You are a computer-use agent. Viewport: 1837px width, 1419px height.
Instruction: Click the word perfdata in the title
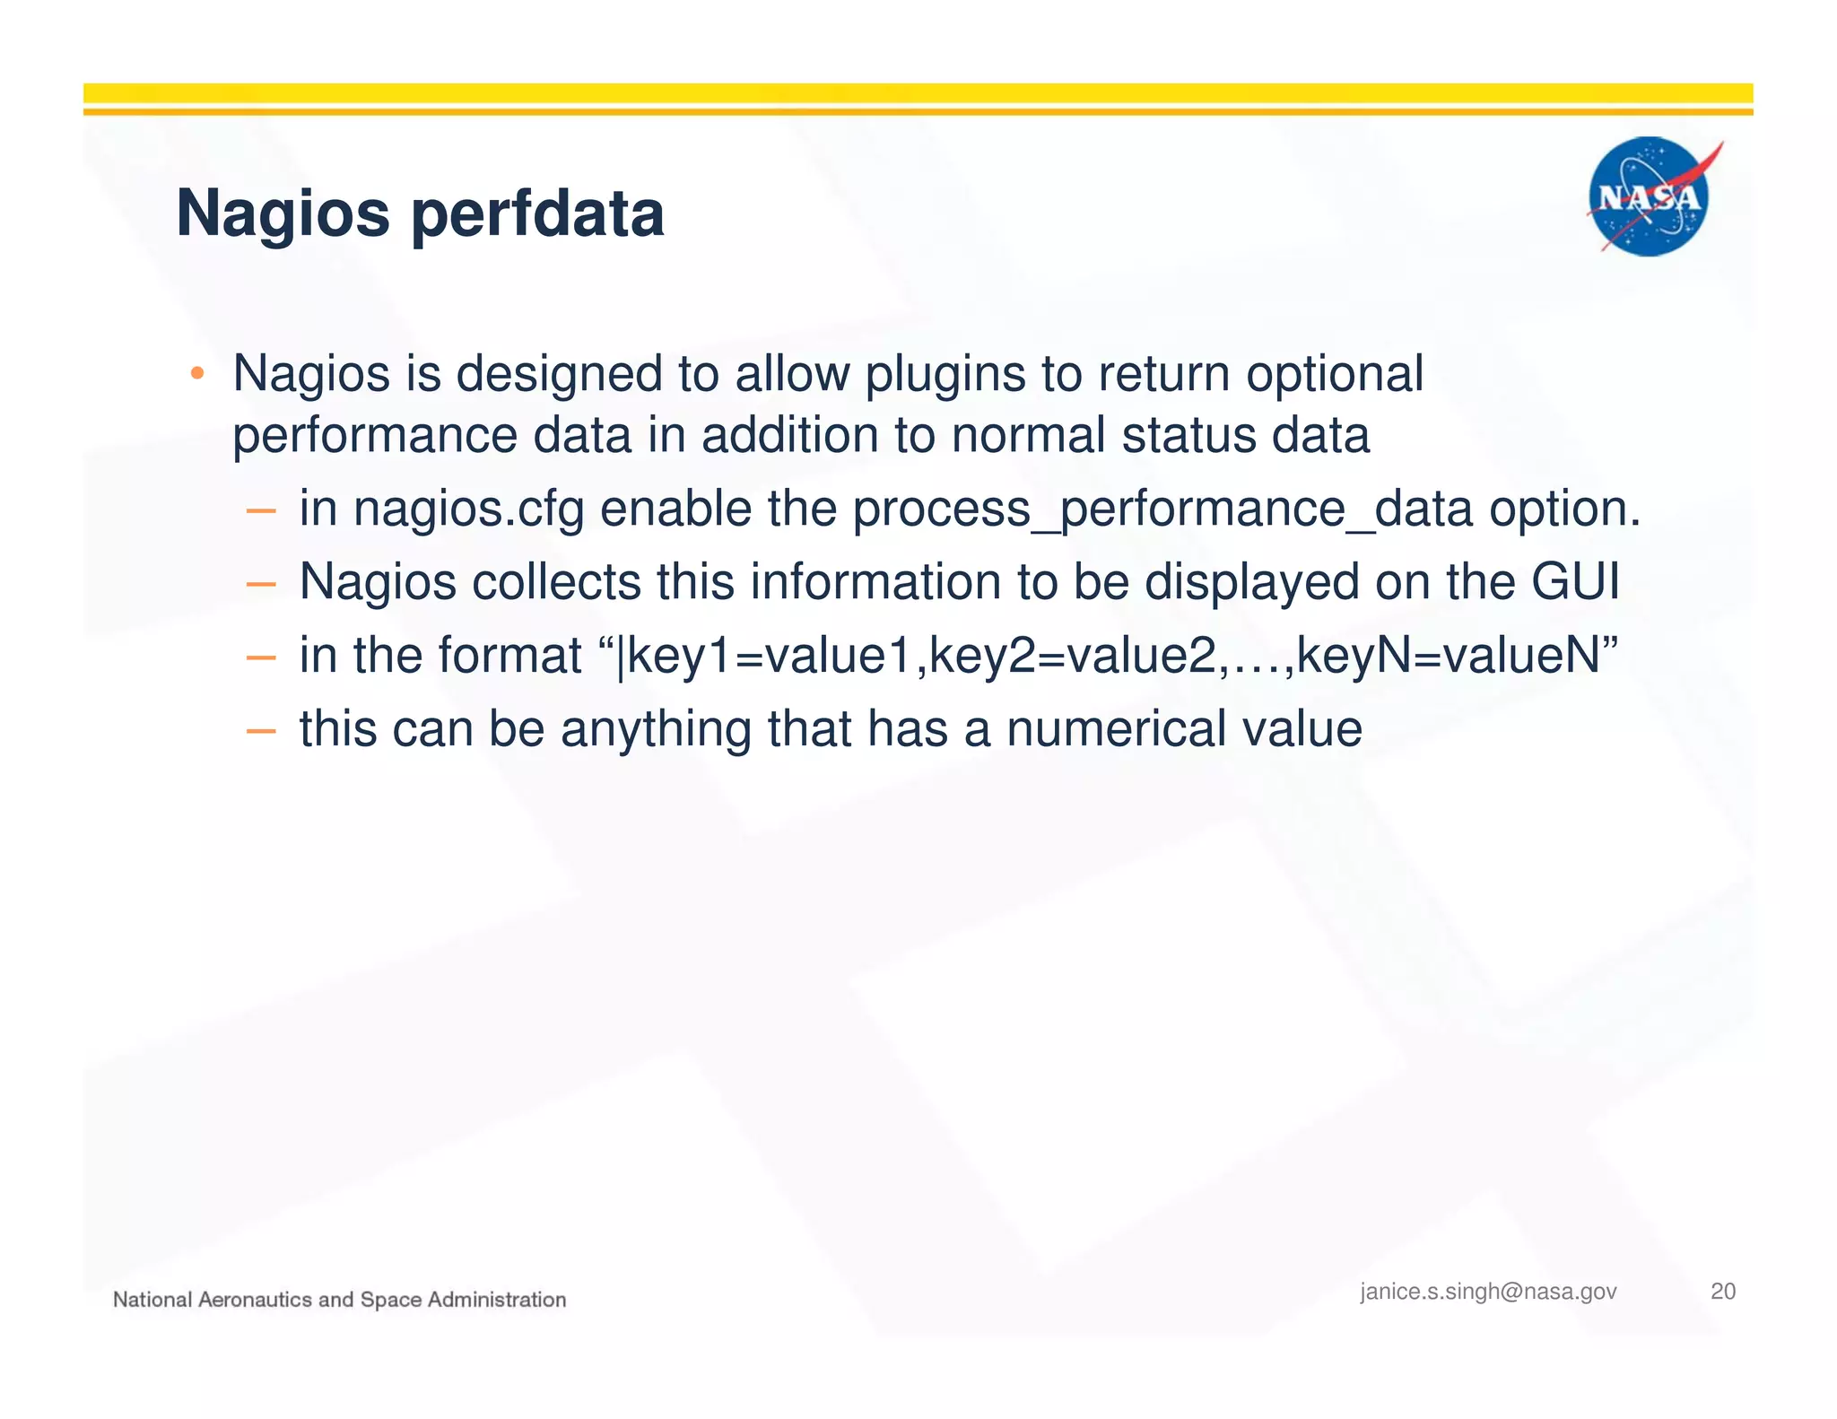[537, 215]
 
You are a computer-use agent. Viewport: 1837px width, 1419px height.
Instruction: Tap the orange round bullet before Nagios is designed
[197, 373]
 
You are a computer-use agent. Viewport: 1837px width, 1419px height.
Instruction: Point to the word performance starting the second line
[374, 437]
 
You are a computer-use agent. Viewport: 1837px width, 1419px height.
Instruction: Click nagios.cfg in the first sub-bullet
[468, 509]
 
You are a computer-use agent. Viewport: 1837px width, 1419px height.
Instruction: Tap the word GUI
[1575, 582]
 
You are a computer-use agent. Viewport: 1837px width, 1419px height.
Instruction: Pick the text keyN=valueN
[1448, 656]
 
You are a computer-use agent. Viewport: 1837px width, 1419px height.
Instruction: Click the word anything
[656, 728]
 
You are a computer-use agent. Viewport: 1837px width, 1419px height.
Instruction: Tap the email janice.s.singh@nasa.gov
[1488, 1292]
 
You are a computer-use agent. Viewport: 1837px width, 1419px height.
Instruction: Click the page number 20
[1723, 1292]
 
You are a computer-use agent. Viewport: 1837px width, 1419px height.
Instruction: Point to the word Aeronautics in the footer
[254, 1300]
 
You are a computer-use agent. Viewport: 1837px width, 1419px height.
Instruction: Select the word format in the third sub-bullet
[509, 656]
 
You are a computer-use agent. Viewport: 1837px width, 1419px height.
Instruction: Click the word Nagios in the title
[283, 215]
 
